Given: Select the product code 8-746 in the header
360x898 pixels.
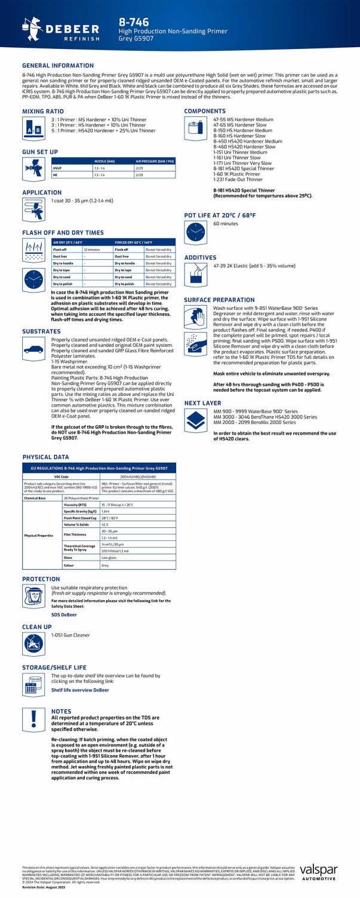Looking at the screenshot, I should click(x=134, y=22).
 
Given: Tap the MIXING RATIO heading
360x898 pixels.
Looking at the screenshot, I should click(x=43, y=111).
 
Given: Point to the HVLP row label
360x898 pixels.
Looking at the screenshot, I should click(x=58, y=168).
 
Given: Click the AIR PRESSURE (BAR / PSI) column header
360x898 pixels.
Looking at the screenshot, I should click(x=155, y=161).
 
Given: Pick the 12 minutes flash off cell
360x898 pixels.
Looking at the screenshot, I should click(x=91, y=249).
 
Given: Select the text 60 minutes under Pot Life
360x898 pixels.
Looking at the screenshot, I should click(x=226, y=223).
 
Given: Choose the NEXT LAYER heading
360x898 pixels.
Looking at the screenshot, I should click(x=202, y=403).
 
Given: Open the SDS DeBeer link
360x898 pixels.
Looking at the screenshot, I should click(x=64, y=614).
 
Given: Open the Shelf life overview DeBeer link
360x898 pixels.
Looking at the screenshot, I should click(x=80, y=690).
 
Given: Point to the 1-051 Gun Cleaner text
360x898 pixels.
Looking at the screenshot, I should click(x=70, y=635).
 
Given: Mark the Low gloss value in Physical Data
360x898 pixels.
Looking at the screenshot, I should click(x=109, y=557).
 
